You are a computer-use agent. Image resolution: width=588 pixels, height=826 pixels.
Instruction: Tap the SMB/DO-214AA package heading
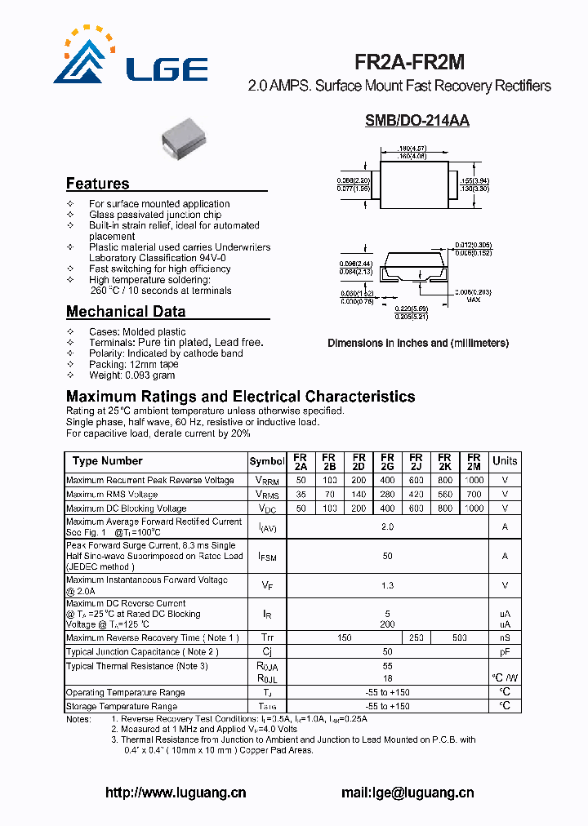(416, 121)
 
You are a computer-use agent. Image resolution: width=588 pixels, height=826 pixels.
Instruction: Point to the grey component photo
(187, 135)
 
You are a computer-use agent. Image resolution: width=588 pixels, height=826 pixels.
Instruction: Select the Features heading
(97, 184)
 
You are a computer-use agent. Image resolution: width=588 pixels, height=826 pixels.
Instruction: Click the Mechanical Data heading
(126, 311)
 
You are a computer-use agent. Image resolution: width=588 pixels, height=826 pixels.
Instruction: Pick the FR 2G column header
(387, 462)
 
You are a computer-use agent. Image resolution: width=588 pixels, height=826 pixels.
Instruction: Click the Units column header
(505, 461)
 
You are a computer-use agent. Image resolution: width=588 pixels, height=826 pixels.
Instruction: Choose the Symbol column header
(267, 462)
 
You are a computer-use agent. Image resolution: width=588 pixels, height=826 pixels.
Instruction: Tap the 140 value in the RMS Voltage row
(359, 495)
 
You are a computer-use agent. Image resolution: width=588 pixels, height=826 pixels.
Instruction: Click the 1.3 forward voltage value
(387, 585)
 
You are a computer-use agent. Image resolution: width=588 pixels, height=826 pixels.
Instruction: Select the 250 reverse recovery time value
(416, 637)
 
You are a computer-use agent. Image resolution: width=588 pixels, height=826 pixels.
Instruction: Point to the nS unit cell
(505, 637)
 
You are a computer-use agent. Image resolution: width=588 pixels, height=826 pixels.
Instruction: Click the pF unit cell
(505, 652)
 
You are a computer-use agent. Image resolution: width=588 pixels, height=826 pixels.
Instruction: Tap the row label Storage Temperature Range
(122, 706)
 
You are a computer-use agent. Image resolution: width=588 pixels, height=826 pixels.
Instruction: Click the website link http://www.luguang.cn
(176, 792)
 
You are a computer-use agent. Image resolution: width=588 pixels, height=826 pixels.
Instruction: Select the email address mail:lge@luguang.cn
(406, 792)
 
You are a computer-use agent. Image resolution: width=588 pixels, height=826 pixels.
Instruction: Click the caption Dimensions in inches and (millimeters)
(418, 343)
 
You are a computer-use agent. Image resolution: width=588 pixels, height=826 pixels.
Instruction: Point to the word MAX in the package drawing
(473, 300)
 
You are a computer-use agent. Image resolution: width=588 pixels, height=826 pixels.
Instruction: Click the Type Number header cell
(107, 461)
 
